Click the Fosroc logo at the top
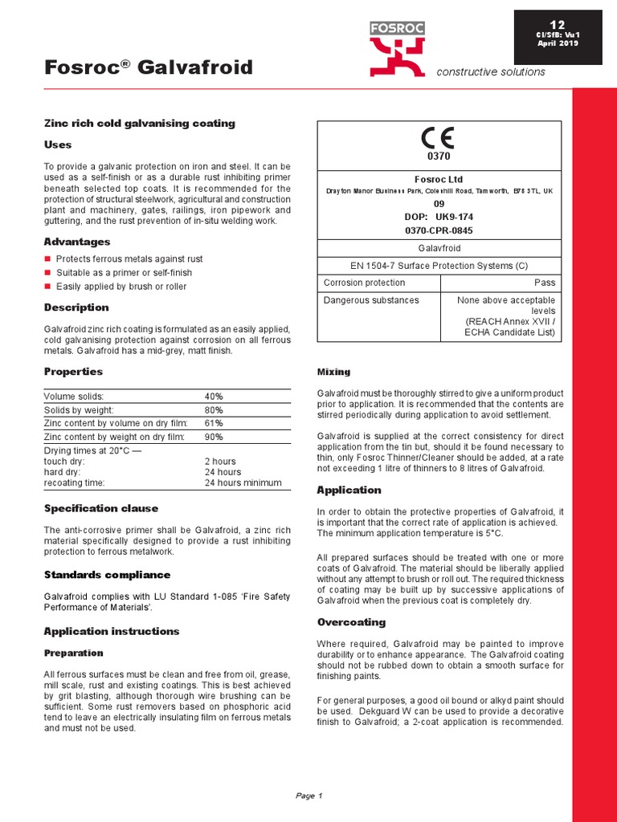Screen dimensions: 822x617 [397, 49]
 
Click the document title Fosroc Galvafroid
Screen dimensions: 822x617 [148, 67]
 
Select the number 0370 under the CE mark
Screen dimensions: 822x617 [439, 156]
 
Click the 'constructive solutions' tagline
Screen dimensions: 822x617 [490, 72]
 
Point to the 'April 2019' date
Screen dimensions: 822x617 [557, 43]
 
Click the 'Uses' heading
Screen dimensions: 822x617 [58, 145]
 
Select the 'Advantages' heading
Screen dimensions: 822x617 [76, 242]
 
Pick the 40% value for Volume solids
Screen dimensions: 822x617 [214, 397]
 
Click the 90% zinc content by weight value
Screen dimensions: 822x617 [214, 437]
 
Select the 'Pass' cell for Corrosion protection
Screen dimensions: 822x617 [545, 283]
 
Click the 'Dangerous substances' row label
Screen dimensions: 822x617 [371, 300]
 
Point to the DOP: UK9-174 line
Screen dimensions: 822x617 [439, 216]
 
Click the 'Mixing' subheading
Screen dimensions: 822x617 [333, 372]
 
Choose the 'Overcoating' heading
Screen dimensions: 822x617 [351, 622]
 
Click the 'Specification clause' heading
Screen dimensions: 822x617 [100, 508]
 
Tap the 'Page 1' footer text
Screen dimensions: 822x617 [308, 796]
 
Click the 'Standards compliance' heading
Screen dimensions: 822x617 [107, 575]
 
